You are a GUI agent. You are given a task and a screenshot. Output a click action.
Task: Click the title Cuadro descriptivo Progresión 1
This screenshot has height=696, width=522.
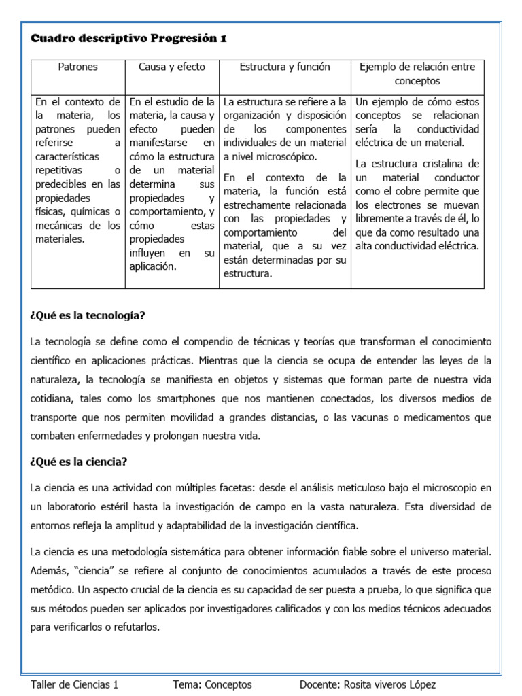coord(128,39)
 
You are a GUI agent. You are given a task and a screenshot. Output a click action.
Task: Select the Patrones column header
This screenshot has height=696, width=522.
coord(77,67)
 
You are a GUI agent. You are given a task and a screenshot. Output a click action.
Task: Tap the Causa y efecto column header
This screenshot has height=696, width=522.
coord(171,67)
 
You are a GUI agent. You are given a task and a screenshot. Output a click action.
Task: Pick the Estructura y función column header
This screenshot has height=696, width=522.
coord(285,67)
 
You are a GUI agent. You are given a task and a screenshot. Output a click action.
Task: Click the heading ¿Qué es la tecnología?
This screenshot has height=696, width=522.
coord(88,315)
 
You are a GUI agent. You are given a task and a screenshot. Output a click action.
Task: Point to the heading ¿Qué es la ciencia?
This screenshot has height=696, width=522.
coord(79,462)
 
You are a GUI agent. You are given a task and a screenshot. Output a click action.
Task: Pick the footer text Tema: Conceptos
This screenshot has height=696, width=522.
coord(212,684)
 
